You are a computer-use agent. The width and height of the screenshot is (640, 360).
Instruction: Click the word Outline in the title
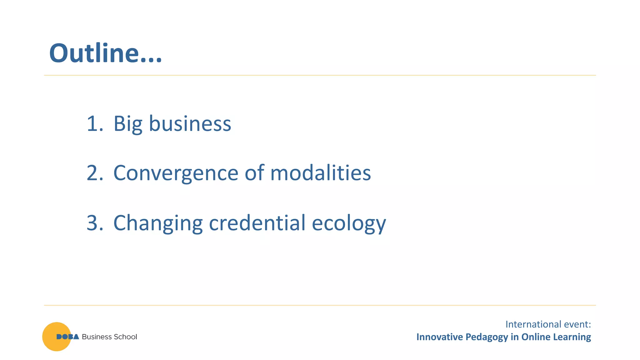(x=94, y=53)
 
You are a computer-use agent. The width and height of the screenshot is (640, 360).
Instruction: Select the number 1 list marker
(x=93, y=123)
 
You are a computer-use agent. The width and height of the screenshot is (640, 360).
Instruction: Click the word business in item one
(x=190, y=123)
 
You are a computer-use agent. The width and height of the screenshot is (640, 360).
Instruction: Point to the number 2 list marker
(x=94, y=173)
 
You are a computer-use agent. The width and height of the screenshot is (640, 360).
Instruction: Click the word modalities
(x=320, y=173)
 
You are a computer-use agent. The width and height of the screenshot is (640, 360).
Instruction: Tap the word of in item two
(x=254, y=173)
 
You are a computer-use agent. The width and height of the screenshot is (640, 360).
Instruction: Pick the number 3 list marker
(x=94, y=223)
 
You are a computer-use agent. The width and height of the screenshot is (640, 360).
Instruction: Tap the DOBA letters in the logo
(x=67, y=337)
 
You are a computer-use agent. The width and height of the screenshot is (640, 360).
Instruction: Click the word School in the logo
(x=125, y=337)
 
